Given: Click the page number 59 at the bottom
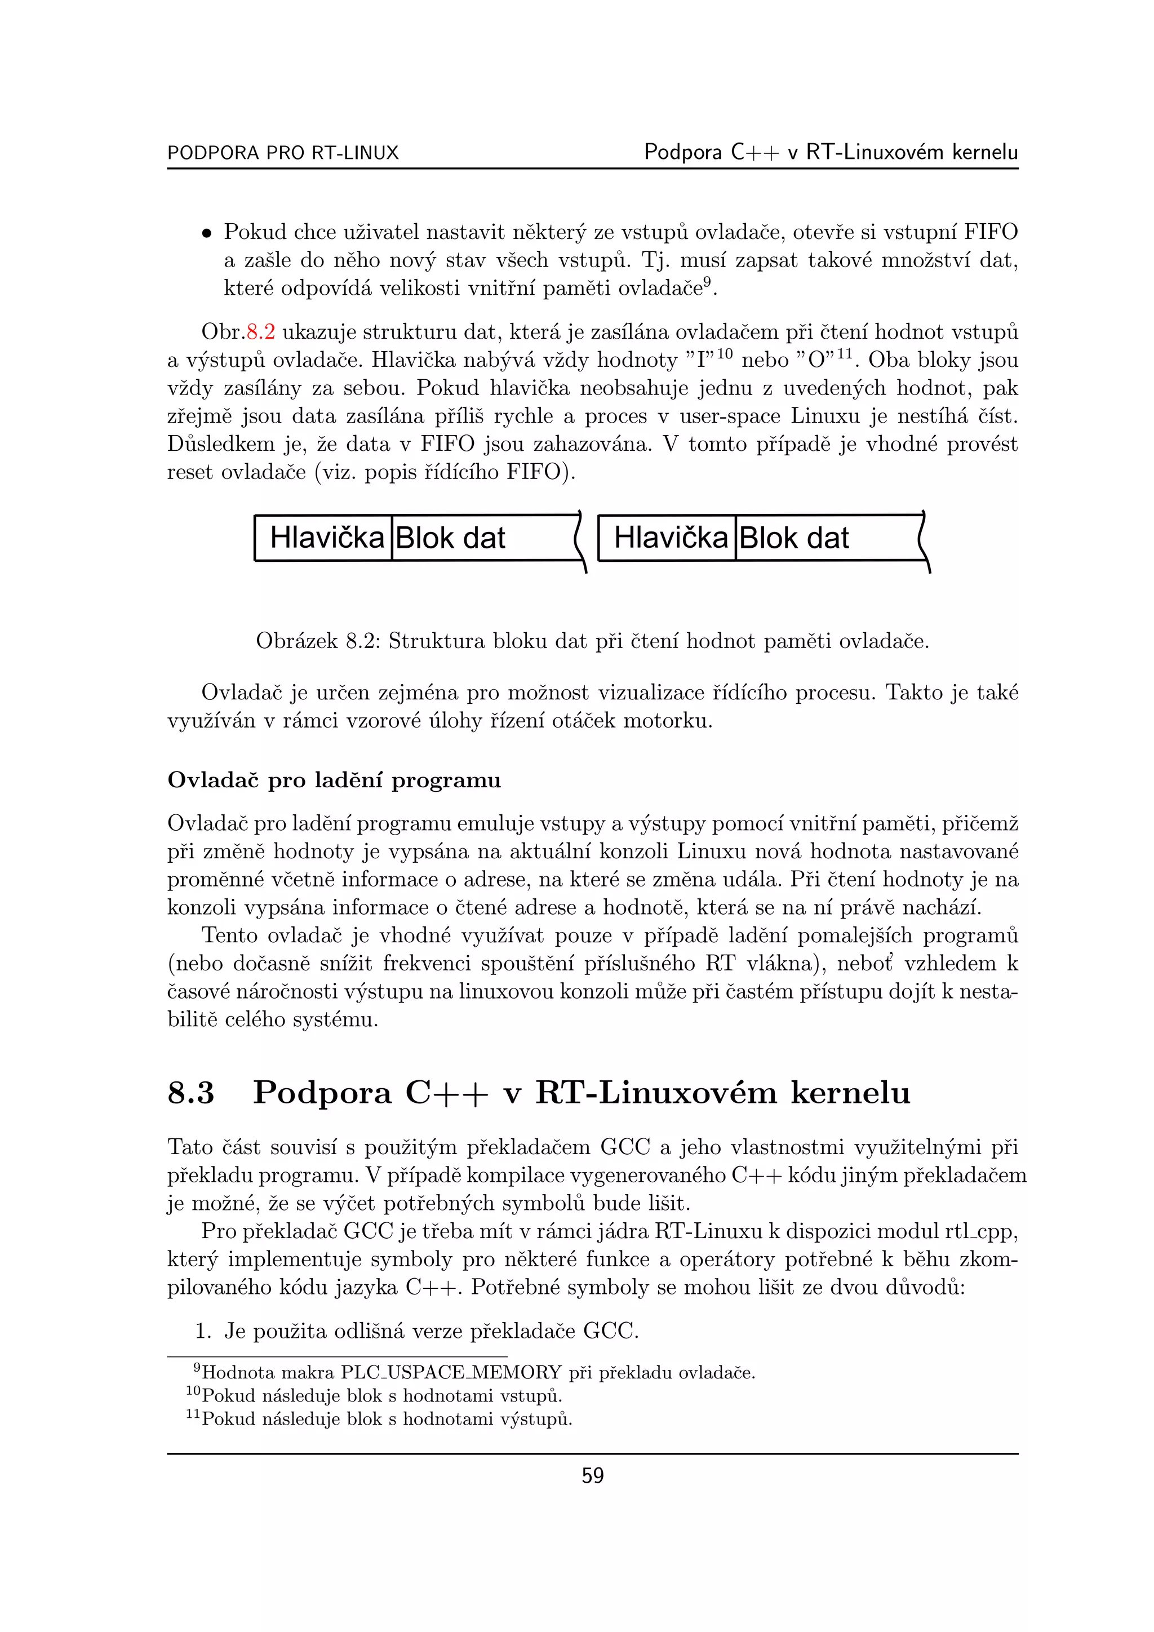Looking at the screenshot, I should (x=592, y=1476).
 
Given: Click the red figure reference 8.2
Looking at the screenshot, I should (x=260, y=332).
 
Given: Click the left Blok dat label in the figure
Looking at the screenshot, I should (x=450, y=538).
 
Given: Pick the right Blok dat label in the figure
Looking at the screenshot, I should (x=794, y=538).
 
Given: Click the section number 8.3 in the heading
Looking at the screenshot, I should (x=190, y=1093).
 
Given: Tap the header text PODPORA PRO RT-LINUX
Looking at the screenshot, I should (x=283, y=153).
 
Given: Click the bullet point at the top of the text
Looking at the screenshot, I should (x=206, y=233).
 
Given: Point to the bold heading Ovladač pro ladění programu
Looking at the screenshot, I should (x=334, y=780).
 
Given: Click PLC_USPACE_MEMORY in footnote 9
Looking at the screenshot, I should (x=451, y=1373).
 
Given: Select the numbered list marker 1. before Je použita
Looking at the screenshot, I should (x=204, y=1331).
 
